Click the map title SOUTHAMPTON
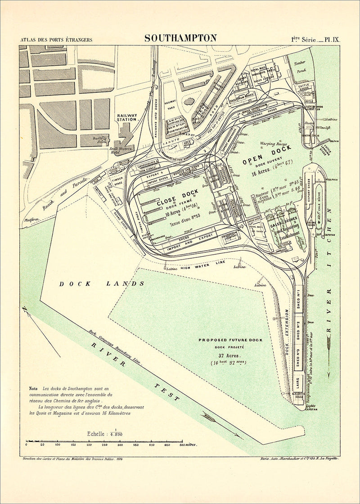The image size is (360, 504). pyautogui.click(x=180, y=38)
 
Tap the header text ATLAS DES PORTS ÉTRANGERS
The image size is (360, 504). pyautogui.click(x=56, y=40)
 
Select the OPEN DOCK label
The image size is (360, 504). pyautogui.click(x=267, y=155)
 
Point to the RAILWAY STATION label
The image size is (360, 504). pyautogui.click(x=126, y=117)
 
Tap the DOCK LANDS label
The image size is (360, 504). pyautogui.click(x=102, y=283)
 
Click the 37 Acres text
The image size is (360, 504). pyautogui.click(x=227, y=355)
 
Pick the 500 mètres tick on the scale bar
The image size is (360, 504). pyautogui.click(x=182, y=445)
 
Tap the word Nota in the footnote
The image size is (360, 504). pyautogui.click(x=33, y=388)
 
